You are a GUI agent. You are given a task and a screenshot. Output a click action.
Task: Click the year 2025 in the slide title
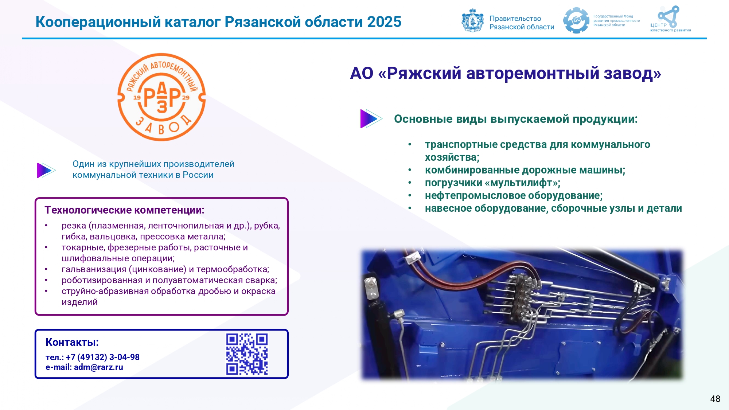(384, 22)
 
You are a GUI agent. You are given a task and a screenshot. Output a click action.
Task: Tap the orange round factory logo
(161, 97)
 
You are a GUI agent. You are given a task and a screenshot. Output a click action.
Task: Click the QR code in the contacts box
(247, 354)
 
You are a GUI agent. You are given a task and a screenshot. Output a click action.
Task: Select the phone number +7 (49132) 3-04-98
(102, 357)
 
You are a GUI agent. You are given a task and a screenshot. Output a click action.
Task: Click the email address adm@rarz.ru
(98, 367)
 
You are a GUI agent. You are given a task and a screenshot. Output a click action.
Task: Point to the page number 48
(715, 399)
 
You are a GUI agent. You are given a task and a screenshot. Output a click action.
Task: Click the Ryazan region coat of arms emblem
(473, 20)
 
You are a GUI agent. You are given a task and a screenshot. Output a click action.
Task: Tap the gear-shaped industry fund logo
(576, 20)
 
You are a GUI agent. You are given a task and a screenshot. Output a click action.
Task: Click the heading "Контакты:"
(72, 343)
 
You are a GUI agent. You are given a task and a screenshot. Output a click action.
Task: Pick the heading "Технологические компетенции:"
(124, 210)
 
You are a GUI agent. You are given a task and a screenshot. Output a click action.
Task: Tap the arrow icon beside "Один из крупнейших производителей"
(46, 170)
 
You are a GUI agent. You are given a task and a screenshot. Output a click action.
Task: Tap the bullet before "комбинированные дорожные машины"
(410, 170)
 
